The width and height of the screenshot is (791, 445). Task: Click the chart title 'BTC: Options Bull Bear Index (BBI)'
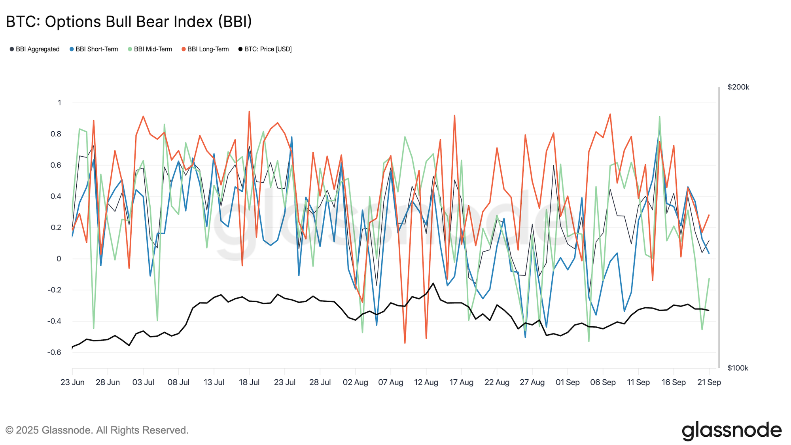(x=129, y=22)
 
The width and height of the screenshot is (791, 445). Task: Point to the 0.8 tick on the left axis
(x=56, y=134)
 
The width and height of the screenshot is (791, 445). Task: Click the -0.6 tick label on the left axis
(x=54, y=352)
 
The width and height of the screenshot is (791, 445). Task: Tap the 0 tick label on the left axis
(x=59, y=259)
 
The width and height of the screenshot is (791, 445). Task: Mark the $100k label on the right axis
(x=738, y=368)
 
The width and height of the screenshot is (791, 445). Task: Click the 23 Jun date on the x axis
(x=72, y=383)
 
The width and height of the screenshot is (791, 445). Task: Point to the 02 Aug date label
(x=355, y=383)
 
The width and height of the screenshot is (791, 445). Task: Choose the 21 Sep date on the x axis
(x=709, y=383)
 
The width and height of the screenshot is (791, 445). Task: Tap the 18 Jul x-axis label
(x=249, y=383)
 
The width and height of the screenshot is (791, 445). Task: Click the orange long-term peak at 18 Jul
(x=249, y=112)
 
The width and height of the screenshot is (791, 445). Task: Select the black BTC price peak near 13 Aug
(x=433, y=283)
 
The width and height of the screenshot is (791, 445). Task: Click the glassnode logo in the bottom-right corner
(x=731, y=430)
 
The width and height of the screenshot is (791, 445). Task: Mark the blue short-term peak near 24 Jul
(x=292, y=137)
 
